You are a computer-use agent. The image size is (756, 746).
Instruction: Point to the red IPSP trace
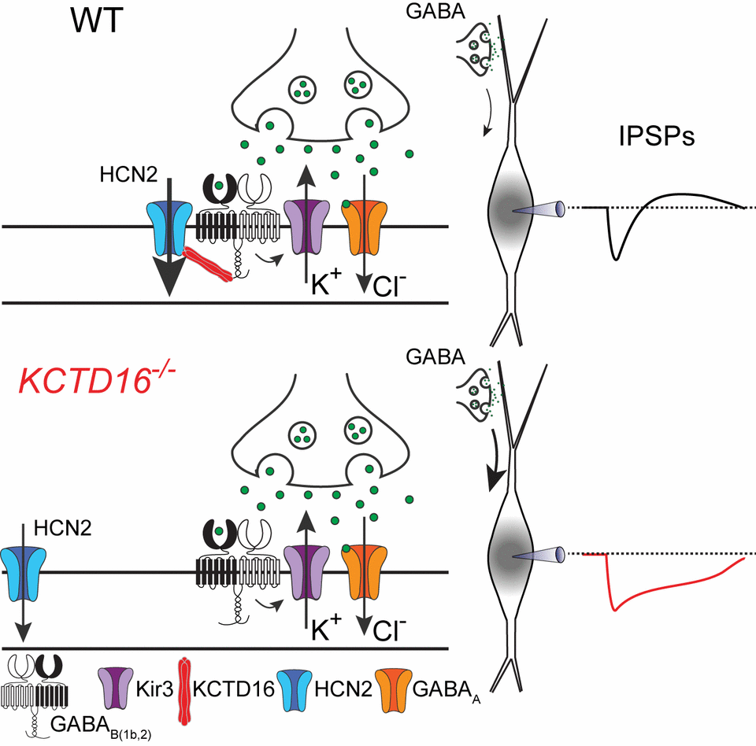(x=630, y=598)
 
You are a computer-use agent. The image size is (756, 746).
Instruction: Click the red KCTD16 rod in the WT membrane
(x=208, y=264)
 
